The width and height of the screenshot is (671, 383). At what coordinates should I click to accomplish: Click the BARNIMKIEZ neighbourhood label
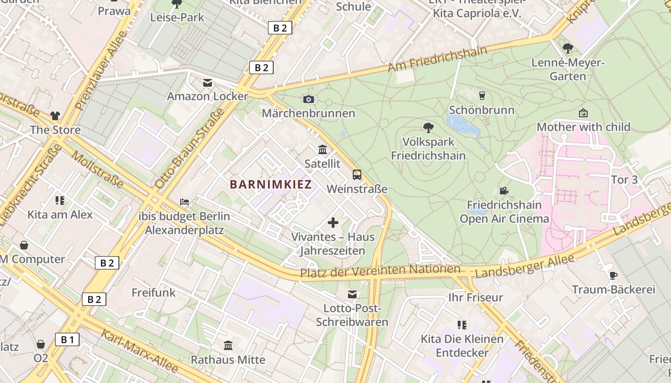271,184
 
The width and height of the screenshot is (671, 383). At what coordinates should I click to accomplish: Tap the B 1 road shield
67,340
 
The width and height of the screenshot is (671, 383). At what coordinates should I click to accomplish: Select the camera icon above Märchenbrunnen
309,99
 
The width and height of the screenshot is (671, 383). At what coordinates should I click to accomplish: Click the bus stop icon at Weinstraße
357,175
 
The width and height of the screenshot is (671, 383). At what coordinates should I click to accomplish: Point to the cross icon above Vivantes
333,222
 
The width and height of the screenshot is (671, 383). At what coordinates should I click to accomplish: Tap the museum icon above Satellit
323,150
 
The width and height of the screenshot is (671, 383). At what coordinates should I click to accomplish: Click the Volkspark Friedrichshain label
428,149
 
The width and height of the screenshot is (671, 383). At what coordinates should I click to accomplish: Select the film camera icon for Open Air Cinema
504,191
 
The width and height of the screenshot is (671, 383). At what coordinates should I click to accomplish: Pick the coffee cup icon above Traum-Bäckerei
613,275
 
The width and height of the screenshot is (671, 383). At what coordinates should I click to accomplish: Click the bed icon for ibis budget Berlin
184,202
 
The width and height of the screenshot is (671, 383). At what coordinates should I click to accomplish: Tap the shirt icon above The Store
55,116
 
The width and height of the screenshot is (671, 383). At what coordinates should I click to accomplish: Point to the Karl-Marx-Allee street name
139,351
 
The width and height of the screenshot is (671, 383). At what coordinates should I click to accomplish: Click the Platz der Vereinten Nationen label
380,271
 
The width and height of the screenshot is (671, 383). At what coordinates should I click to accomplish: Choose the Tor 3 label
625,180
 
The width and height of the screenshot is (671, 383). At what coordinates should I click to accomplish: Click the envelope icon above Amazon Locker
207,83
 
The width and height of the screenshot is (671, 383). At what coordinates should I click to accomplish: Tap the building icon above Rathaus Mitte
228,345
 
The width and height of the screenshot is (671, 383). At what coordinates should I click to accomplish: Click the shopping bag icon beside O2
41,344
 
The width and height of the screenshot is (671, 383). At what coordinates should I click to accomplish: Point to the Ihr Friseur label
475,297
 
